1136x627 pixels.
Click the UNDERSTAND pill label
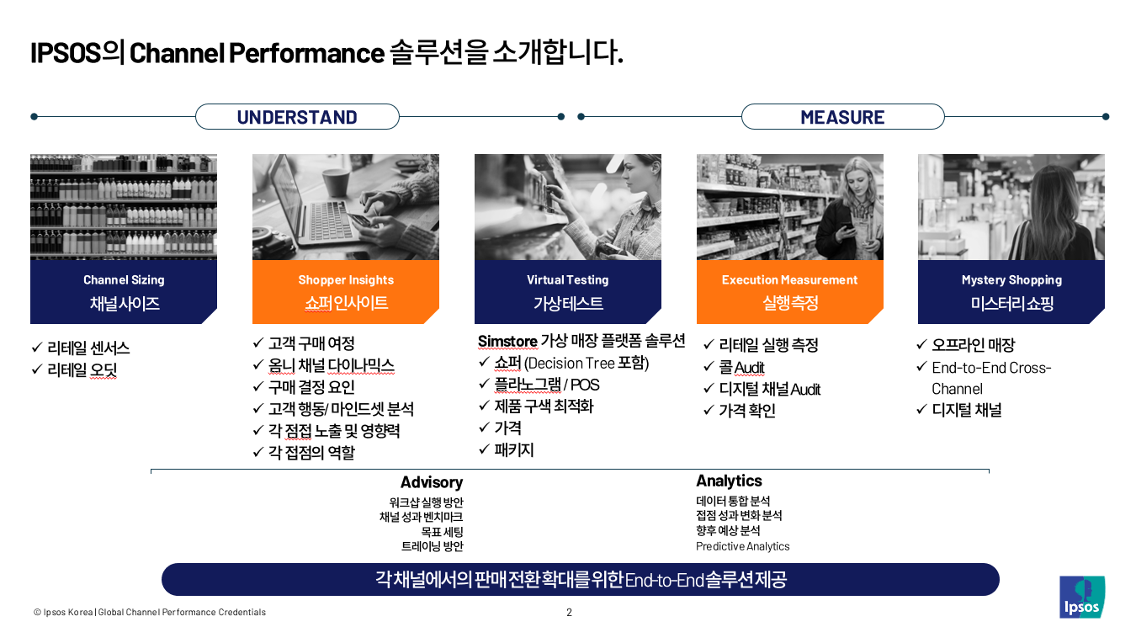point(297,117)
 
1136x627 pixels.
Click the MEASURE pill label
point(842,117)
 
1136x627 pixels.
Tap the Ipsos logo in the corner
point(1081,597)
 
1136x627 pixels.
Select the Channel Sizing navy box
point(124,292)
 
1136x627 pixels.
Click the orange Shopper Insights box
point(346,292)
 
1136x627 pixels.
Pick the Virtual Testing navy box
point(568,292)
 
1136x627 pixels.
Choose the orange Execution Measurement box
point(789,292)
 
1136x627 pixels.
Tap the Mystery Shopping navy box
point(1011,292)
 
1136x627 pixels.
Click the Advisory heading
point(431,482)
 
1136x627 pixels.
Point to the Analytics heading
point(729,481)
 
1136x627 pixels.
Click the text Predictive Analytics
point(742,546)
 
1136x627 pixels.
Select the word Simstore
point(507,341)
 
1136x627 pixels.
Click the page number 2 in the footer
point(569,612)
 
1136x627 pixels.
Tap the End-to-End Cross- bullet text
point(991,368)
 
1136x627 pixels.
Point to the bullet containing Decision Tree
point(571,363)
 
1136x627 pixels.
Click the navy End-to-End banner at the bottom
point(581,579)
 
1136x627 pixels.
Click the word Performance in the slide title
point(306,52)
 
